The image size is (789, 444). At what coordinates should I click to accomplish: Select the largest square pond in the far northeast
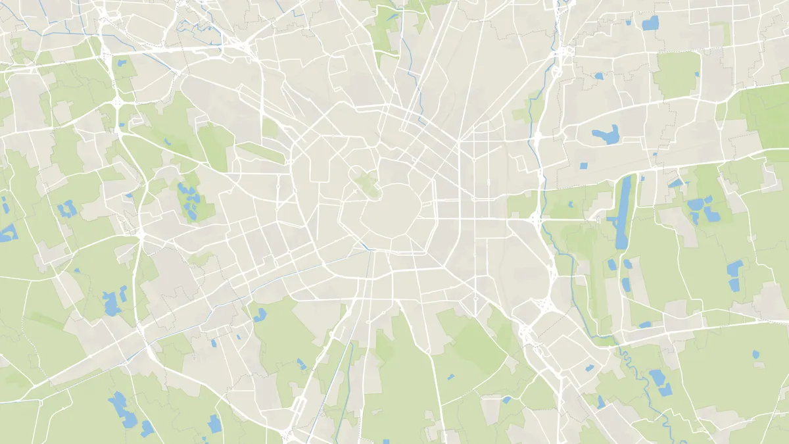click(x=650, y=24)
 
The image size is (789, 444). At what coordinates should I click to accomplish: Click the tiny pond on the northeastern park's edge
click(x=598, y=76)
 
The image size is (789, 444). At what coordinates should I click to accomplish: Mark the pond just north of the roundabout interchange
click(x=122, y=63)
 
